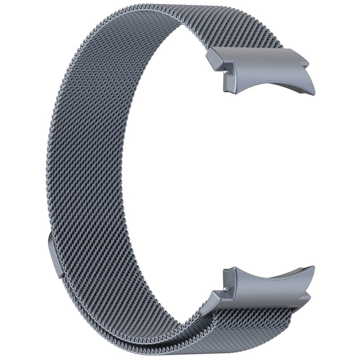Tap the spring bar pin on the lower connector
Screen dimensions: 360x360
[x=224, y=286]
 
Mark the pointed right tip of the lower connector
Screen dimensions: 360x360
[x=313, y=267]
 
